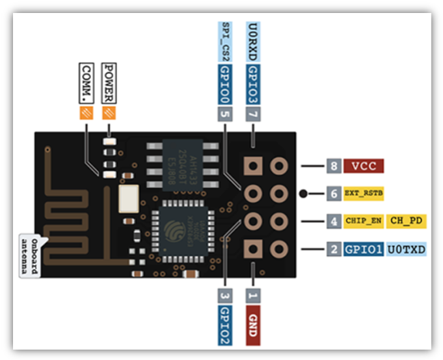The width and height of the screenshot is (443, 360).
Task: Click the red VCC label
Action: [365, 166]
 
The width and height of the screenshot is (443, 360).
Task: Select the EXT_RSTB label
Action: [365, 194]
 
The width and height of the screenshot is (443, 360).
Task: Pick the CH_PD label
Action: [407, 221]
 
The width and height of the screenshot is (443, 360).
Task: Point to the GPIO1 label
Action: [364, 249]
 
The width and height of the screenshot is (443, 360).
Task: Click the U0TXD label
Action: [407, 249]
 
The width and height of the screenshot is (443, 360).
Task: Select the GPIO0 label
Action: [225, 83]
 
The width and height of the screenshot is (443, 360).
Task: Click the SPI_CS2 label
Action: [225, 42]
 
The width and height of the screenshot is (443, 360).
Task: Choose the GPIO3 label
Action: [253, 83]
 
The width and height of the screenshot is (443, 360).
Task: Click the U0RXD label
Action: [253, 42]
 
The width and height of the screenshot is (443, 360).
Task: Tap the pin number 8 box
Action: [334, 166]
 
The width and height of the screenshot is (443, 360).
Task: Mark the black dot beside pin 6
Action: [304, 194]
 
